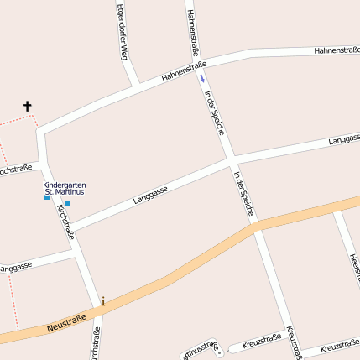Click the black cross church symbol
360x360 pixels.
(x=27, y=107)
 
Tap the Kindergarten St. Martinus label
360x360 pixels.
(x=65, y=188)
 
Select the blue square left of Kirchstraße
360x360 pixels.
(x=48, y=197)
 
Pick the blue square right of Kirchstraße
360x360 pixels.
(x=68, y=203)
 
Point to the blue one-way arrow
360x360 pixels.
(x=201, y=78)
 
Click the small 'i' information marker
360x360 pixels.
(x=103, y=301)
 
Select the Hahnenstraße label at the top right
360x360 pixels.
(x=337, y=50)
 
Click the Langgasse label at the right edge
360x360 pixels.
(x=344, y=137)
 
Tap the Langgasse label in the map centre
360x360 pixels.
(x=150, y=195)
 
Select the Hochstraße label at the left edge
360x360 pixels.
(x=15, y=170)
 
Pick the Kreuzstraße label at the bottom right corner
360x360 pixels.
(x=340, y=346)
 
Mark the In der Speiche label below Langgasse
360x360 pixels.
(x=244, y=194)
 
